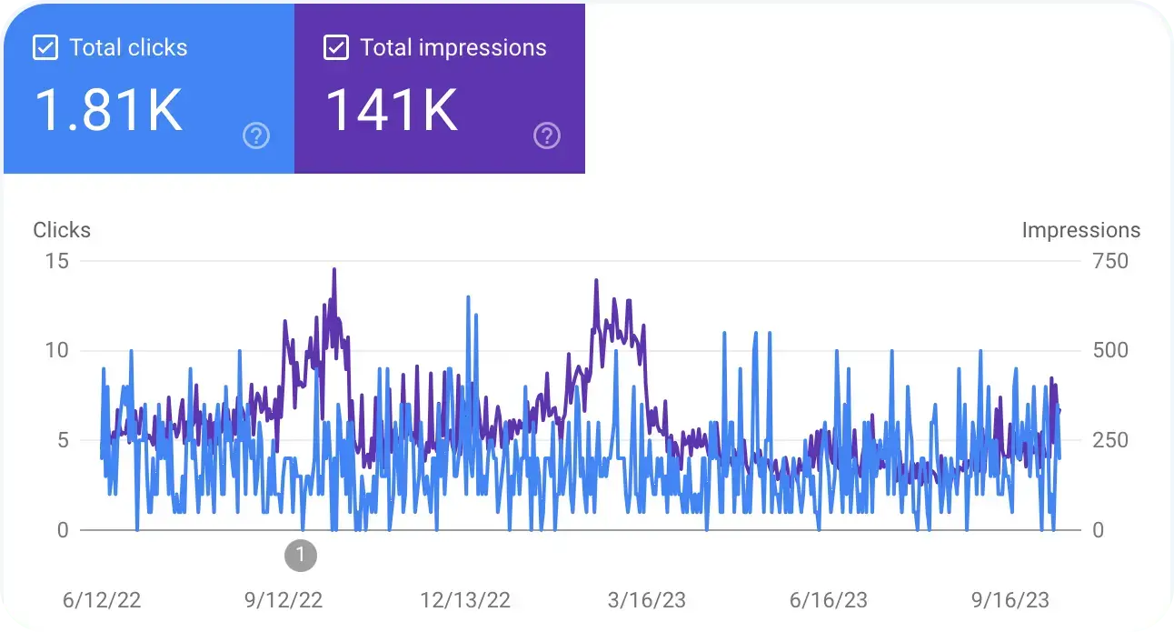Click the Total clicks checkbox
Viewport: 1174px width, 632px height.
[x=45, y=48]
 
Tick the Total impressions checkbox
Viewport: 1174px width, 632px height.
[x=336, y=48]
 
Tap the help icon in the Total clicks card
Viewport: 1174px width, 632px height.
[x=257, y=136]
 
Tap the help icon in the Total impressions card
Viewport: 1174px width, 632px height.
[x=546, y=136]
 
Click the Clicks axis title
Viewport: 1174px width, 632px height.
[x=62, y=230]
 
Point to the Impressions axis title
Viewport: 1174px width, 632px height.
[x=1080, y=230]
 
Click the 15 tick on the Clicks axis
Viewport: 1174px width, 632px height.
[x=57, y=261]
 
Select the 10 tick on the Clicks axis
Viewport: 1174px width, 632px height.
[x=57, y=350]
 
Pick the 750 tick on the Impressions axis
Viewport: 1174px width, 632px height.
[x=1109, y=261]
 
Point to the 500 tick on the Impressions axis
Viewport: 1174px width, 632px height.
[x=1109, y=350]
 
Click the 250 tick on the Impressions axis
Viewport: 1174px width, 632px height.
[x=1109, y=440]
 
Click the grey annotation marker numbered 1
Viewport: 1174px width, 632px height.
[x=301, y=555]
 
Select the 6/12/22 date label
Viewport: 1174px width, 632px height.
[x=102, y=600]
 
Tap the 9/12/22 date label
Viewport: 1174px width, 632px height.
[x=284, y=600]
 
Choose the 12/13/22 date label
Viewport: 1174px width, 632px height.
[x=465, y=600]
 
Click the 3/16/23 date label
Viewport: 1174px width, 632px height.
[x=647, y=600]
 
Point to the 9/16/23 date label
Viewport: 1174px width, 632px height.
[x=1010, y=600]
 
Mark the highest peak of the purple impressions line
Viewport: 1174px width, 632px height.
[x=334, y=269]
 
